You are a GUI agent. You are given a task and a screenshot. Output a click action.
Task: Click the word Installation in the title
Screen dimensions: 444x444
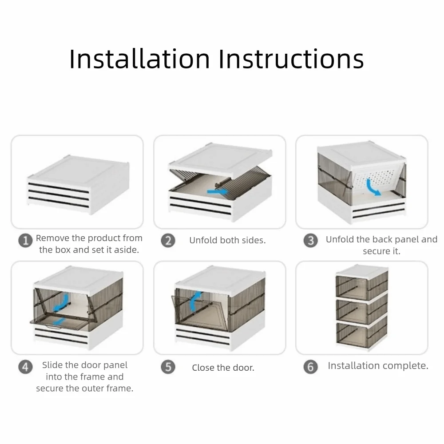(x=139, y=59)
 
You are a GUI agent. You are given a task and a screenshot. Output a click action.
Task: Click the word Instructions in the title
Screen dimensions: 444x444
(x=291, y=59)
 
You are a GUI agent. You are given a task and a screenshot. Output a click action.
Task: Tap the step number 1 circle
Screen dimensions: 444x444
(x=25, y=241)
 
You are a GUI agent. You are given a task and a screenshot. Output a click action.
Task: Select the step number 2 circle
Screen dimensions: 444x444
(x=168, y=240)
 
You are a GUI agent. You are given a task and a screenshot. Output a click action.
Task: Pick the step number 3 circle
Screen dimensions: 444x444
(x=311, y=240)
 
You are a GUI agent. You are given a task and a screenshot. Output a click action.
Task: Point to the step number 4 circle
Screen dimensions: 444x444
(x=25, y=367)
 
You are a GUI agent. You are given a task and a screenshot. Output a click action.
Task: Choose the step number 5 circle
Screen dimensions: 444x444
(x=168, y=367)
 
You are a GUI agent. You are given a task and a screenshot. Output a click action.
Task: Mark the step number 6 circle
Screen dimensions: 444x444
(x=311, y=367)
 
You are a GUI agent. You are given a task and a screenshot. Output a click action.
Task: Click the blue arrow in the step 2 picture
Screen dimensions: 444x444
(x=217, y=192)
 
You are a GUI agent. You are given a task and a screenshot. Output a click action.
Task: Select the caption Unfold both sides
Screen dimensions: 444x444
(x=227, y=240)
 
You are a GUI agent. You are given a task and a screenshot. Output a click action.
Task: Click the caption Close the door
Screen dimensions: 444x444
(x=223, y=368)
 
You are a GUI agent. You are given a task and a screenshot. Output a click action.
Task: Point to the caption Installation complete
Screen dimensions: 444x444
(x=378, y=365)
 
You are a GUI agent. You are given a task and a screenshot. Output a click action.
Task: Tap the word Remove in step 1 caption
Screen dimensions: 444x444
(x=53, y=238)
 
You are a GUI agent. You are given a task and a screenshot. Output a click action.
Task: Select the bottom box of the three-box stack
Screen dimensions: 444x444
(x=361, y=334)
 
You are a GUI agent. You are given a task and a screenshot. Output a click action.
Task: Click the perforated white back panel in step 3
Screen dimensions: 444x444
(x=376, y=181)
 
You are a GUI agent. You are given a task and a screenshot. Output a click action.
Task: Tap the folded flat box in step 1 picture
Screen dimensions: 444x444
(x=79, y=185)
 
